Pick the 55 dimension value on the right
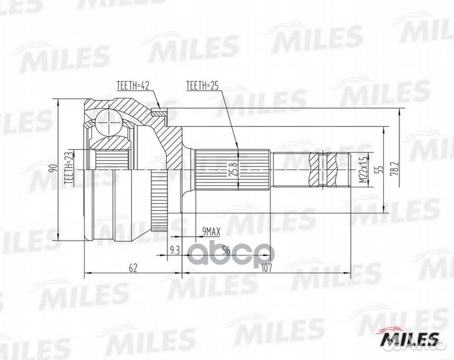click(377, 171)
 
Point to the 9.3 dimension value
click(175, 251)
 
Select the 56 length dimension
click(225, 251)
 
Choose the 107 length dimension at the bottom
click(267, 268)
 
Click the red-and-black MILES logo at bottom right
click(408, 339)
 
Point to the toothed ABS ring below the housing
click(157, 200)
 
